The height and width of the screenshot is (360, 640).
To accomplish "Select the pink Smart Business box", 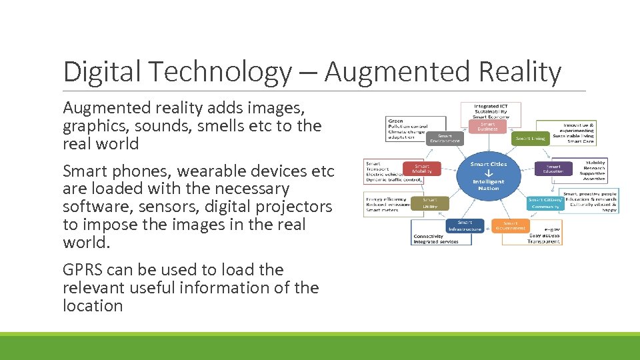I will [488, 125].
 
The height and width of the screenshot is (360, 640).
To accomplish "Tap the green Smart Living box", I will [529, 139].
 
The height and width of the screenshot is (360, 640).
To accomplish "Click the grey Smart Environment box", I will [445, 138].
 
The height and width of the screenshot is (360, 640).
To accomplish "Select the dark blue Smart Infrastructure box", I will [465, 226].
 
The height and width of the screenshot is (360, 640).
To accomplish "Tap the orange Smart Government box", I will [510, 226].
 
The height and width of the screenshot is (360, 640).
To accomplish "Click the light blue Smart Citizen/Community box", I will [545, 203].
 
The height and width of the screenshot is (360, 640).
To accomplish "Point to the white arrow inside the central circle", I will [489, 172].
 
